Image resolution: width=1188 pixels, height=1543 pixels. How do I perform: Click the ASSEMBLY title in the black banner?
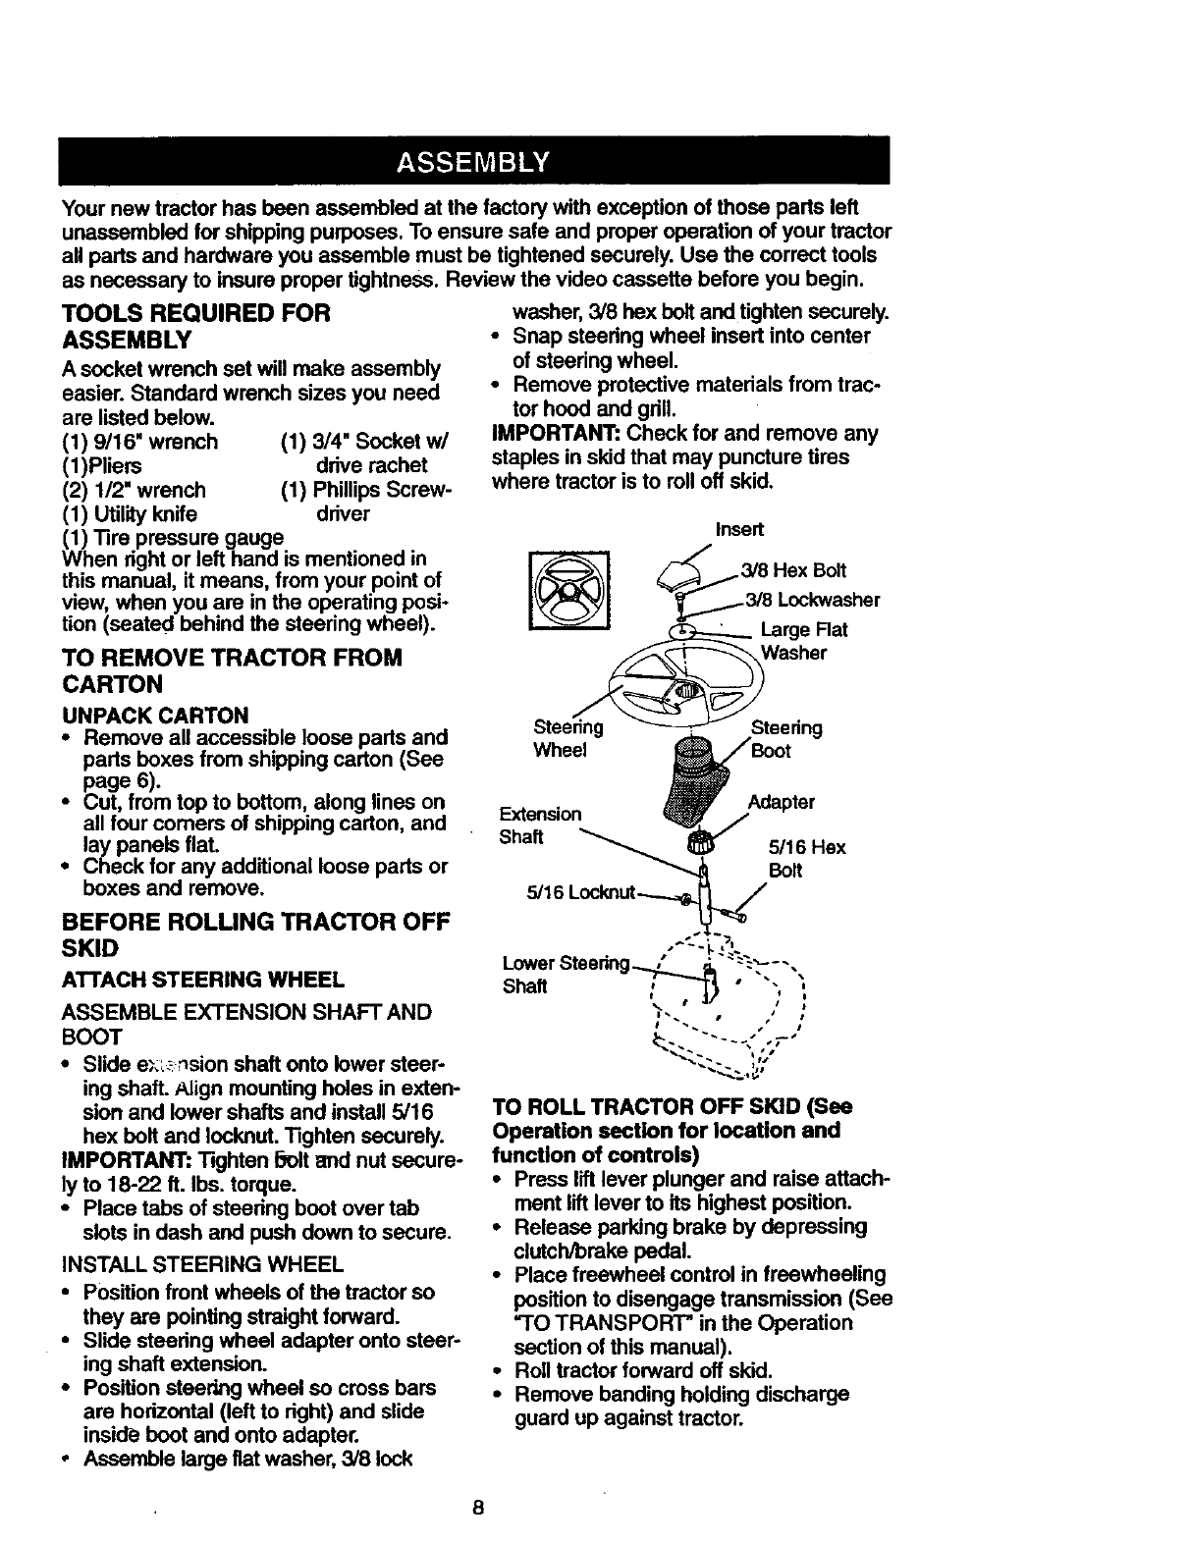click(474, 161)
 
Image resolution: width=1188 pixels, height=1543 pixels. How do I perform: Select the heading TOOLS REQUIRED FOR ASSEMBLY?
click(195, 326)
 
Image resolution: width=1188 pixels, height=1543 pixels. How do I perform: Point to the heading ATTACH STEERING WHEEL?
click(202, 979)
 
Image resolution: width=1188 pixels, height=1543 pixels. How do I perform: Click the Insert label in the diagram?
click(738, 530)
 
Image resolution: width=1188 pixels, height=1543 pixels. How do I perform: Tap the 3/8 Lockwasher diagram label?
click(812, 600)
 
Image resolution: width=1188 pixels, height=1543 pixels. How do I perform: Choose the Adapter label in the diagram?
click(781, 802)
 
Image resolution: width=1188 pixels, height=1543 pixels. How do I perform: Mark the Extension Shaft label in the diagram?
click(540, 825)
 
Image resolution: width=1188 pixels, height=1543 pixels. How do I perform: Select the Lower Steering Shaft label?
click(564, 974)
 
